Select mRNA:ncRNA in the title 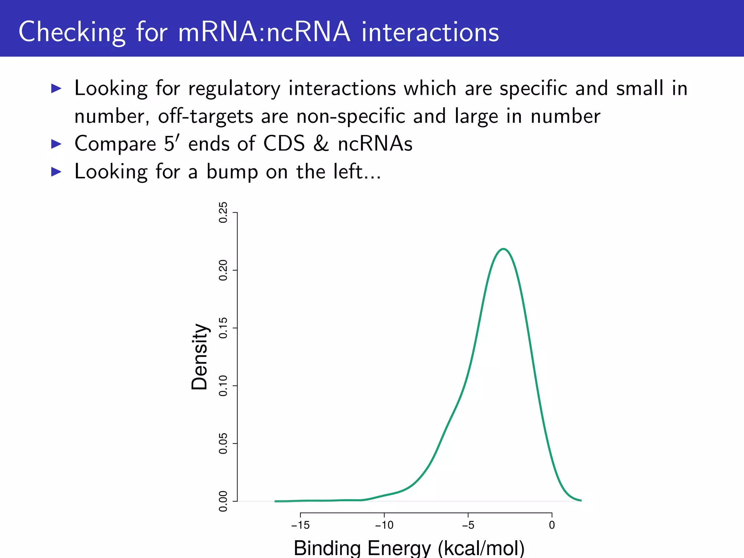(264, 32)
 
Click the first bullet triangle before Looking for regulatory (56, 88)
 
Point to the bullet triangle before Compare (56, 144)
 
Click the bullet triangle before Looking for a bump (56, 171)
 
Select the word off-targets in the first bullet (205, 116)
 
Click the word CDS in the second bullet (284, 144)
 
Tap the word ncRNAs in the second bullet (375, 144)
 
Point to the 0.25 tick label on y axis (223, 213)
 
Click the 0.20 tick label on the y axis (223, 270)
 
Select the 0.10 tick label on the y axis (223, 386)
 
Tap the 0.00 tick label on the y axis (223, 501)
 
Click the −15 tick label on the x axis (300, 525)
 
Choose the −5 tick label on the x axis (468, 525)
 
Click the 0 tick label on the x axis (551, 525)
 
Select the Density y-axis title (199, 357)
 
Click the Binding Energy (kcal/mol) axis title (409, 548)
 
